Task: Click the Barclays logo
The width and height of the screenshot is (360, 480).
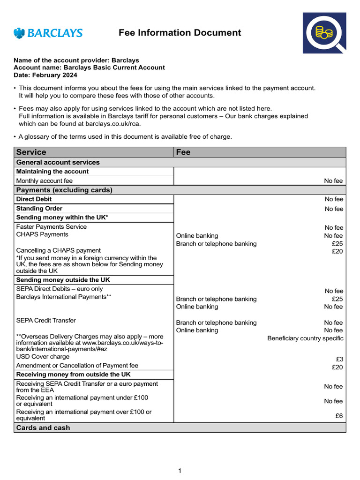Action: [x=48, y=33]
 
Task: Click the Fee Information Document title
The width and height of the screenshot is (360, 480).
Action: [x=180, y=33]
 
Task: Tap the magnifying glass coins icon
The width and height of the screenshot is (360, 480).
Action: [x=324, y=33]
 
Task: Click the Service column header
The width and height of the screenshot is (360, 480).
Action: [x=31, y=152]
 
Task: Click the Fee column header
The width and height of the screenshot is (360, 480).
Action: [x=183, y=152]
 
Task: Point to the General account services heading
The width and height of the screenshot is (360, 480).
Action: [x=58, y=162]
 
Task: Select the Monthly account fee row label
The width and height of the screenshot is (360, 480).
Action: [x=44, y=180]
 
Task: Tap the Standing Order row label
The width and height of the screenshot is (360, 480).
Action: [x=39, y=209]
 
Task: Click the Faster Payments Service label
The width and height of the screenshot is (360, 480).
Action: [x=51, y=227]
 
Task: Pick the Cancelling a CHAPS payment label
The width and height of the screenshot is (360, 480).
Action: [x=58, y=250]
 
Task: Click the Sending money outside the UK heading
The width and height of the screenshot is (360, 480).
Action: [x=63, y=280]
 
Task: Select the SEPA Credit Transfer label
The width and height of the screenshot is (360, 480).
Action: [x=45, y=321]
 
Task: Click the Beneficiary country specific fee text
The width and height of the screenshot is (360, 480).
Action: [x=305, y=338]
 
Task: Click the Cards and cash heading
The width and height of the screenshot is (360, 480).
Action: [x=43, y=427]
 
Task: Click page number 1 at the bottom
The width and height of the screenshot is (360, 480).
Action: [x=180, y=471]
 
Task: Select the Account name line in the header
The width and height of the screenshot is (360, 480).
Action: [x=89, y=67]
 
